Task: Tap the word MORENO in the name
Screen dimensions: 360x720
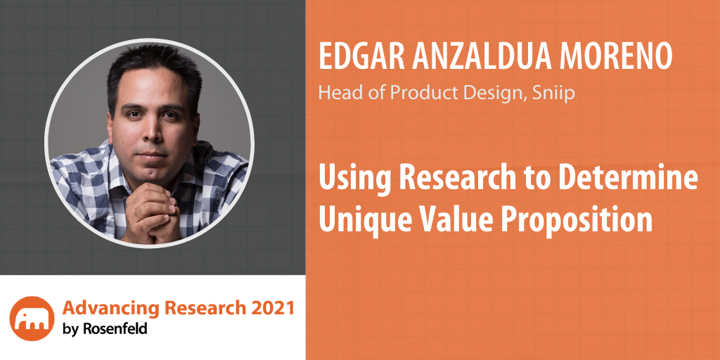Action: (618, 58)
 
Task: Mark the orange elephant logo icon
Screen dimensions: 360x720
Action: (32, 319)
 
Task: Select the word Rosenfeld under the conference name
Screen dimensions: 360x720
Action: (115, 328)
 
